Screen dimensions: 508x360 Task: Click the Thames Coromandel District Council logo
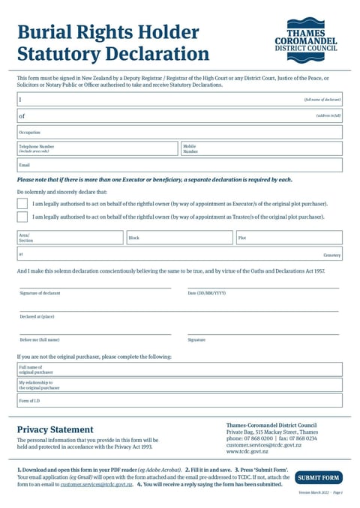coord(305,40)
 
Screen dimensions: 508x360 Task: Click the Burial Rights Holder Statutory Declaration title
coord(112,43)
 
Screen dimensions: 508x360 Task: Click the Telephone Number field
coord(97,148)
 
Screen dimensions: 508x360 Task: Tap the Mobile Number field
coord(261,148)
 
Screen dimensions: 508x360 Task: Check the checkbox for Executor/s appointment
coord(22,203)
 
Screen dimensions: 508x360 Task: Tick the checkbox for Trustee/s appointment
coord(22,217)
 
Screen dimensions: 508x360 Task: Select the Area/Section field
coord(70,238)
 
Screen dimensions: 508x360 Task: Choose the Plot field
coord(289,238)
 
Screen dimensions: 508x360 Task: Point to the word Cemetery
coord(331,255)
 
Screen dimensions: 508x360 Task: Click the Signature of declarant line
coord(95,287)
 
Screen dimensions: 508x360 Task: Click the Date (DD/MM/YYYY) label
coord(206,293)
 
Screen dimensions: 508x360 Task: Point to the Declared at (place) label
coord(37,316)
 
